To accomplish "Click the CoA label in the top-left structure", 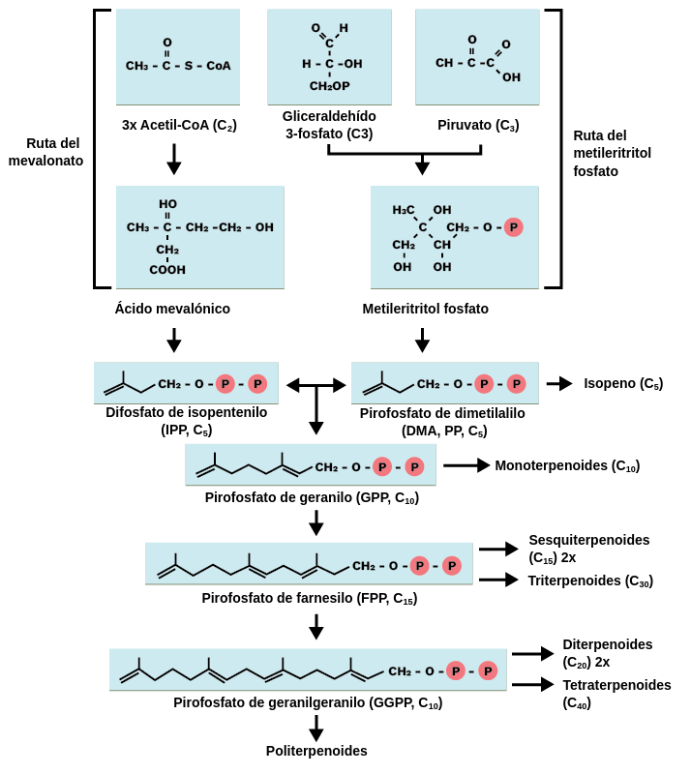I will point(219,66).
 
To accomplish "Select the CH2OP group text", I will point(329,86).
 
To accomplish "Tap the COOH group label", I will point(167,270).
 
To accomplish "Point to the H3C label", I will point(404,210).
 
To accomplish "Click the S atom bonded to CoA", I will point(188,66).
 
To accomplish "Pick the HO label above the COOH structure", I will point(167,204).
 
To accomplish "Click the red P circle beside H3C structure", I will point(513,227).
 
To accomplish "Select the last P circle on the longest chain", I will point(488,671).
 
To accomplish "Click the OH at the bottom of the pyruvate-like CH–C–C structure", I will point(511,77).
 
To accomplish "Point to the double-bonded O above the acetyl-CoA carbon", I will point(166,43).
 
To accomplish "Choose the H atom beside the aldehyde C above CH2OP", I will point(344,28).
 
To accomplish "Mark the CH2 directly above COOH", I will point(167,250).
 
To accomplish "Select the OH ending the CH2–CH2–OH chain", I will point(264,227).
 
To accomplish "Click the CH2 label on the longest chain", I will point(400,671).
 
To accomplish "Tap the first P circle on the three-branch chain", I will point(419,566).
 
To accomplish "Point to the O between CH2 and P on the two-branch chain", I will point(355,467).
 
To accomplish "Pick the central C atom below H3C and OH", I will point(422,227).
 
